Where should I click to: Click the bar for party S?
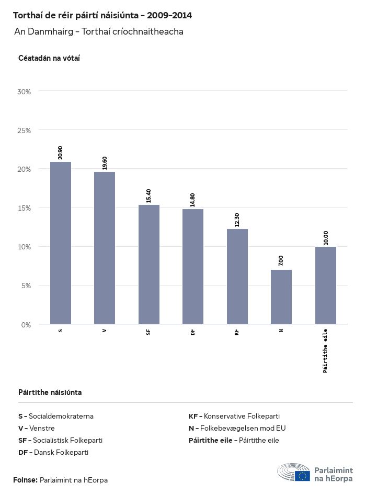point(61,243)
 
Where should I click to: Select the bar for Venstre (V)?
point(105,248)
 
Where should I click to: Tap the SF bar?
point(149,265)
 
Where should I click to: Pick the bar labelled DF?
point(193,267)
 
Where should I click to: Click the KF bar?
point(237,277)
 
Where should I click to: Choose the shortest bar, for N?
point(281,297)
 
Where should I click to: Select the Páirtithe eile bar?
point(325,286)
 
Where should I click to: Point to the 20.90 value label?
point(61,152)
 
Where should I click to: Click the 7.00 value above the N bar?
point(281,260)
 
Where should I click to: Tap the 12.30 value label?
point(237,220)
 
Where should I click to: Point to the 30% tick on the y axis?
point(25,92)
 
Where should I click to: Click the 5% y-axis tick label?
point(26,286)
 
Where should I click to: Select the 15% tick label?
point(25,208)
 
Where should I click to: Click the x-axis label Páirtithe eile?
point(325,350)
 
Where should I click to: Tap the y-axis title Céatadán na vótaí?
point(49,58)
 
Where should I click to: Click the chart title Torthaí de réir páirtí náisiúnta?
point(102,16)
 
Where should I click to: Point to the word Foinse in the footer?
point(25,480)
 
